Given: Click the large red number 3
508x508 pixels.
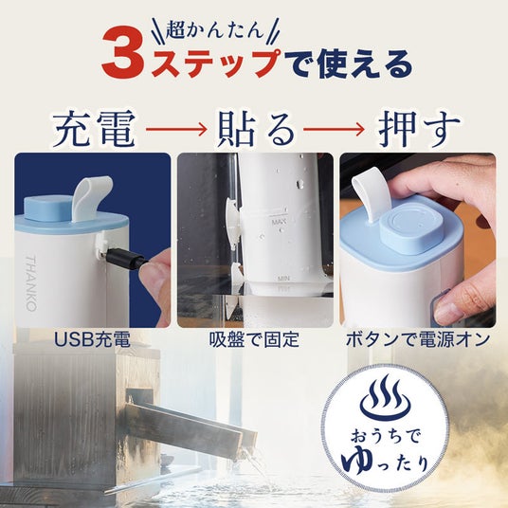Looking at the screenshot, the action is [x=123, y=54].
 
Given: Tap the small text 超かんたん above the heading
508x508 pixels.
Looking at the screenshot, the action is [x=215, y=31].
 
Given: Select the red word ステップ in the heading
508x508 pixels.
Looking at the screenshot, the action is [x=215, y=63].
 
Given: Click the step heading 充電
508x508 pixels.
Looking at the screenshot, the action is [x=94, y=129].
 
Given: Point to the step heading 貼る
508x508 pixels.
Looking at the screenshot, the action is [x=255, y=129].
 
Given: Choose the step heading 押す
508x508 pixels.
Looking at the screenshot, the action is [x=419, y=129].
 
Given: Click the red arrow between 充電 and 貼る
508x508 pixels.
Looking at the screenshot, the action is [x=176, y=129].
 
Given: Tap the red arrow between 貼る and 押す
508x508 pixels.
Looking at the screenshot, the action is [x=334, y=129].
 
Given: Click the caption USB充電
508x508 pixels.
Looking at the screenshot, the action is [x=92, y=339].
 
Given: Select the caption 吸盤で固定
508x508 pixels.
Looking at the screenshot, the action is [x=255, y=339].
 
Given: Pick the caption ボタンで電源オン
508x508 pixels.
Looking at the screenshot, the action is [x=418, y=339].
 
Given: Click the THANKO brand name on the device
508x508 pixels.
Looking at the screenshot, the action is [x=30, y=283].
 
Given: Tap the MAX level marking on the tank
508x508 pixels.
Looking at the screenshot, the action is [x=279, y=222].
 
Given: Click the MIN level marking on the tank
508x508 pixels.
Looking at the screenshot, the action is [x=283, y=278].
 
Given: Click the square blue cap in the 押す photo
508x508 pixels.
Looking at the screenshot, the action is [x=410, y=226].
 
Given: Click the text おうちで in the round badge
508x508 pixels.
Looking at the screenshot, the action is [x=385, y=436].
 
